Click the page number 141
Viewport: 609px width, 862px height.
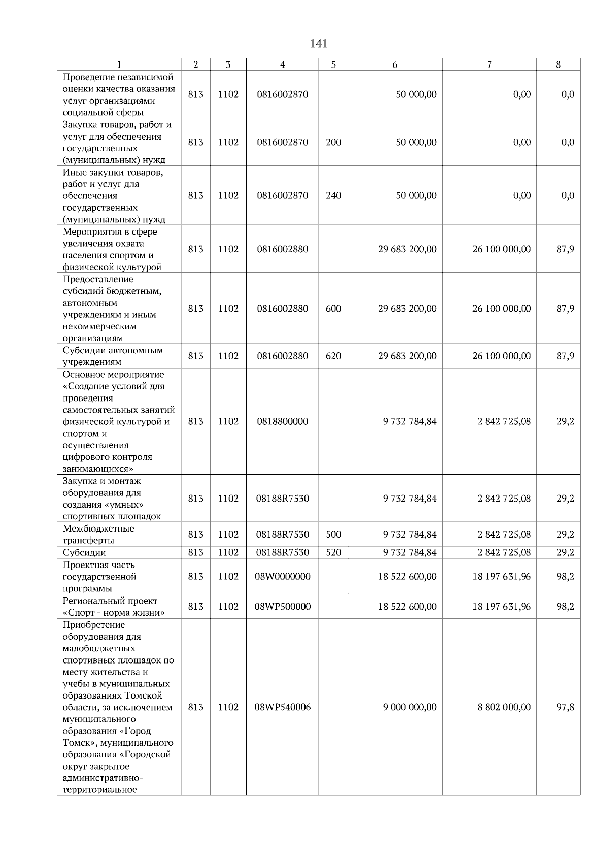[x=318, y=44]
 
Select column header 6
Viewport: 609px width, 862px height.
[x=394, y=64]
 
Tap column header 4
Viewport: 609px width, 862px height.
[x=282, y=64]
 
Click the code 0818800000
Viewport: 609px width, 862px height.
[x=282, y=421]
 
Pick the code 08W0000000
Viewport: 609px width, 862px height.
[x=282, y=577]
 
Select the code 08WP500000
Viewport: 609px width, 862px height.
[x=282, y=607]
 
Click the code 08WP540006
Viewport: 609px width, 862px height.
[x=282, y=707]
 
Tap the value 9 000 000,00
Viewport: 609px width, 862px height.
[x=410, y=707]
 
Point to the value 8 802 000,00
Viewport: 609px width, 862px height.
[x=504, y=707]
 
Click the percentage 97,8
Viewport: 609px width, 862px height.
[x=565, y=707]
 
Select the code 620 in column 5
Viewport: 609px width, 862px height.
[x=333, y=356]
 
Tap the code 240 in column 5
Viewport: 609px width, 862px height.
[x=333, y=196]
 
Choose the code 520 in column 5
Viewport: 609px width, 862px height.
[x=333, y=552]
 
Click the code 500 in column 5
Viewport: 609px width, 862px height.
[x=333, y=535]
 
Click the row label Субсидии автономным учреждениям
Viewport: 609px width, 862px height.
[x=113, y=356]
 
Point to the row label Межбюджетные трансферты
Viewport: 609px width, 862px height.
[x=98, y=535]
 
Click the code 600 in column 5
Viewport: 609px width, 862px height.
[x=333, y=309]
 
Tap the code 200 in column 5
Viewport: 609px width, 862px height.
[x=333, y=142]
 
